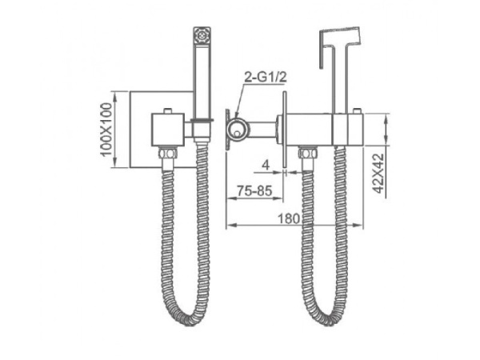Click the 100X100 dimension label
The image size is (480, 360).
(x=106, y=130)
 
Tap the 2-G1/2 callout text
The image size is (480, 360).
(x=266, y=78)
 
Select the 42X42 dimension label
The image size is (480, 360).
(x=379, y=174)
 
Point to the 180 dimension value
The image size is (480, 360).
(x=289, y=219)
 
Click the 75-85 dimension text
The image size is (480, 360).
(x=254, y=190)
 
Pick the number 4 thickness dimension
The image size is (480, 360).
(x=266, y=166)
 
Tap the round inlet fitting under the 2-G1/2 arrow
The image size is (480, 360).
(x=236, y=130)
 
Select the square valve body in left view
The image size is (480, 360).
(x=168, y=130)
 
